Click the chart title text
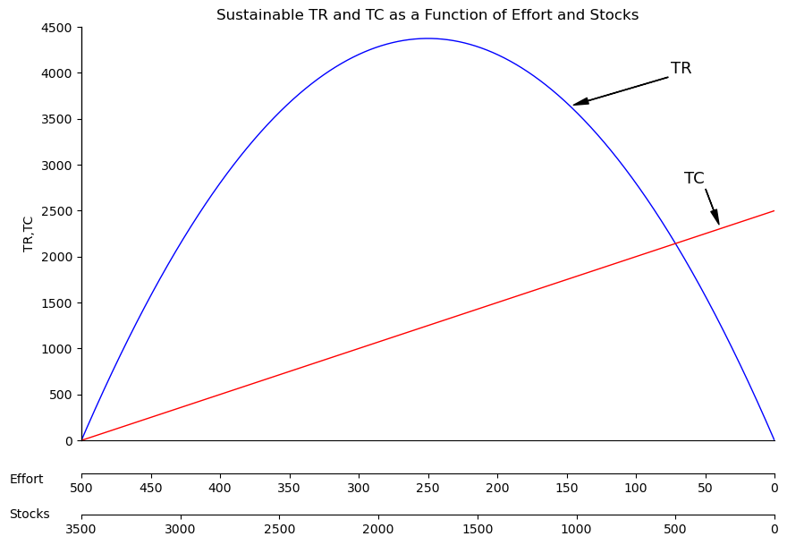(x=427, y=15)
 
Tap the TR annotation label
(x=681, y=69)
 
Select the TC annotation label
(x=694, y=179)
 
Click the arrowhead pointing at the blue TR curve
(x=578, y=104)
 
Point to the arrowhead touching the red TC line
(x=716, y=220)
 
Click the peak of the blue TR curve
(x=427, y=38)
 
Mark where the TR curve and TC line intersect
(x=675, y=243)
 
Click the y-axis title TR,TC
(x=29, y=234)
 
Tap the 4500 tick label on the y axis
(x=55, y=28)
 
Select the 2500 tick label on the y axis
(x=55, y=211)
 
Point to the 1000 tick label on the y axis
(x=55, y=349)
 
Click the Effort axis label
(x=26, y=480)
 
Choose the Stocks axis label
(x=30, y=515)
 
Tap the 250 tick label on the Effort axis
(x=427, y=488)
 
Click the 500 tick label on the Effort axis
(x=81, y=488)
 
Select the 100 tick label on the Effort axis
(x=636, y=488)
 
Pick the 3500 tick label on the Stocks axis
(x=81, y=529)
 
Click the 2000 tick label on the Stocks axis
(x=378, y=529)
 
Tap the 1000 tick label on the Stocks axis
(x=576, y=529)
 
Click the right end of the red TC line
(x=774, y=211)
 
